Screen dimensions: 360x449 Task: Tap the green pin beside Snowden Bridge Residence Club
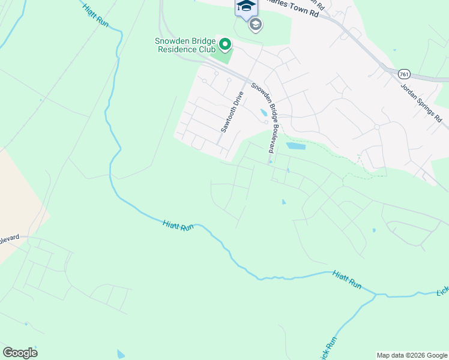(225, 44)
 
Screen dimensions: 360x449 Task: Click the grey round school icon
(256, 25)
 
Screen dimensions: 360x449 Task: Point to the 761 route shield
(403, 72)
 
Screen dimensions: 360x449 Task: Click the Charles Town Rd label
(292, 10)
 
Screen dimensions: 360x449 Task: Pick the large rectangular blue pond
(295, 146)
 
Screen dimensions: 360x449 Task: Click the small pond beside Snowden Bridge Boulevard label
(264, 112)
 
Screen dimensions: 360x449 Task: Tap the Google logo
(20, 353)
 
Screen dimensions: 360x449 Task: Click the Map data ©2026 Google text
(412, 355)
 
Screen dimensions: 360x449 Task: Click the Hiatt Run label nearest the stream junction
(348, 280)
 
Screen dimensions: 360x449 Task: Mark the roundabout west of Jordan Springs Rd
(377, 127)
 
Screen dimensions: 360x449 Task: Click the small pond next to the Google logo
(121, 353)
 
